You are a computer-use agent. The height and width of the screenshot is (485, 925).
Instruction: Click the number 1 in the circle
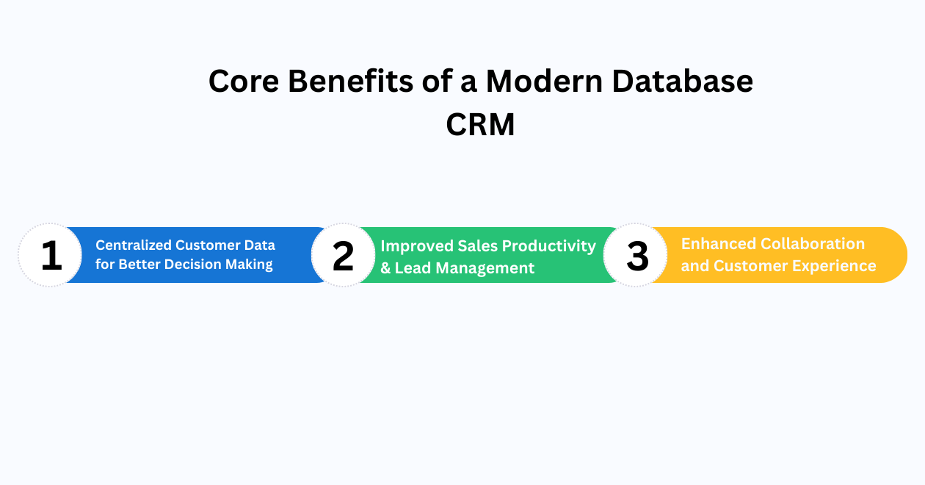point(51,256)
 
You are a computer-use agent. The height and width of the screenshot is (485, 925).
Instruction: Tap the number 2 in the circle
point(343,256)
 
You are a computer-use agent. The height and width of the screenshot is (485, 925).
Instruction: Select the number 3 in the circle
point(636,256)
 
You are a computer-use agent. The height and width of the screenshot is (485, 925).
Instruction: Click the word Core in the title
point(242,82)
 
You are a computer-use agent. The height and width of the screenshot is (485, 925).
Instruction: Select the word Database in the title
point(683,82)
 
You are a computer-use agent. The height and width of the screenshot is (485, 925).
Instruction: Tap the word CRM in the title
point(480,125)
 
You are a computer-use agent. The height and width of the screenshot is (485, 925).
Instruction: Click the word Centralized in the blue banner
point(134,245)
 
